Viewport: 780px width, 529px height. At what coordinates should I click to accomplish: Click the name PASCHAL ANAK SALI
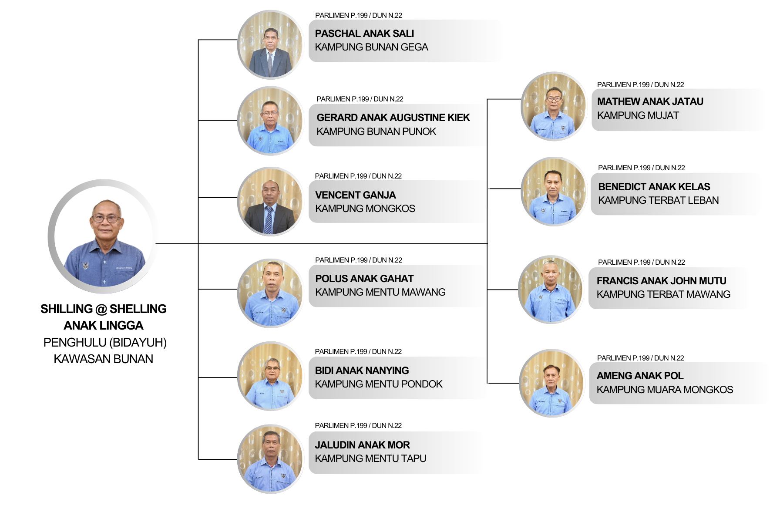[x=364, y=34]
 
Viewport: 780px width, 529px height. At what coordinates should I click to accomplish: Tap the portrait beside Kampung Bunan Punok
[x=270, y=121]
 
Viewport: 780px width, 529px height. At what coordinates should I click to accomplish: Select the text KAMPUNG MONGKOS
[x=365, y=209]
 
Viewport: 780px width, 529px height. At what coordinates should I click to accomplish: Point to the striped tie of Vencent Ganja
[x=269, y=219]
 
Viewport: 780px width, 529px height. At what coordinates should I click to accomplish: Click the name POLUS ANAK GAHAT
[x=364, y=279]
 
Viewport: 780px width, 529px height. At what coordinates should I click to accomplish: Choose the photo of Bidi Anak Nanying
[x=270, y=376]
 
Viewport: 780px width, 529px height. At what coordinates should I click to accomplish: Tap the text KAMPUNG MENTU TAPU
[x=370, y=458]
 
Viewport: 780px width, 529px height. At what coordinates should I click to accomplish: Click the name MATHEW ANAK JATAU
[x=650, y=101]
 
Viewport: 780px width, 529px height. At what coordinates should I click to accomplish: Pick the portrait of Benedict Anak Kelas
[x=554, y=192]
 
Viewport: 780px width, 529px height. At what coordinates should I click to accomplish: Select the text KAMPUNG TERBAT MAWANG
[x=663, y=294]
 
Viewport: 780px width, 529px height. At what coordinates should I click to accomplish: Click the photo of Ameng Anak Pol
[x=552, y=383]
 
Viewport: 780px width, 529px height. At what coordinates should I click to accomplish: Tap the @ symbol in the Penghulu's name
[x=101, y=309]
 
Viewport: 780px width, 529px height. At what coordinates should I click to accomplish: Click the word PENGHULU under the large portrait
[x=74, y=343]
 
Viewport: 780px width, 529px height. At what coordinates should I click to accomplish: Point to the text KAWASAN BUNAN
[x=103, y=359]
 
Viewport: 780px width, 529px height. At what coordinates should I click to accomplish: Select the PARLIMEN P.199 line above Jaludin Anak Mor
[x=358, y=425]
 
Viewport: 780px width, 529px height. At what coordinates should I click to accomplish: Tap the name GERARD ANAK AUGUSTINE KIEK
[x=393, y=118]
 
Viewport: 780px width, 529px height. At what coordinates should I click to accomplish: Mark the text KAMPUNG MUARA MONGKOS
[x=665, y=390]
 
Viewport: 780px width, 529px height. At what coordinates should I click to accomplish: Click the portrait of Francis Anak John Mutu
[x=551, y=290]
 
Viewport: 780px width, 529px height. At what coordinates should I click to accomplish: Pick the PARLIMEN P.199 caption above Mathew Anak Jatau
[x=640, y=84]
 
